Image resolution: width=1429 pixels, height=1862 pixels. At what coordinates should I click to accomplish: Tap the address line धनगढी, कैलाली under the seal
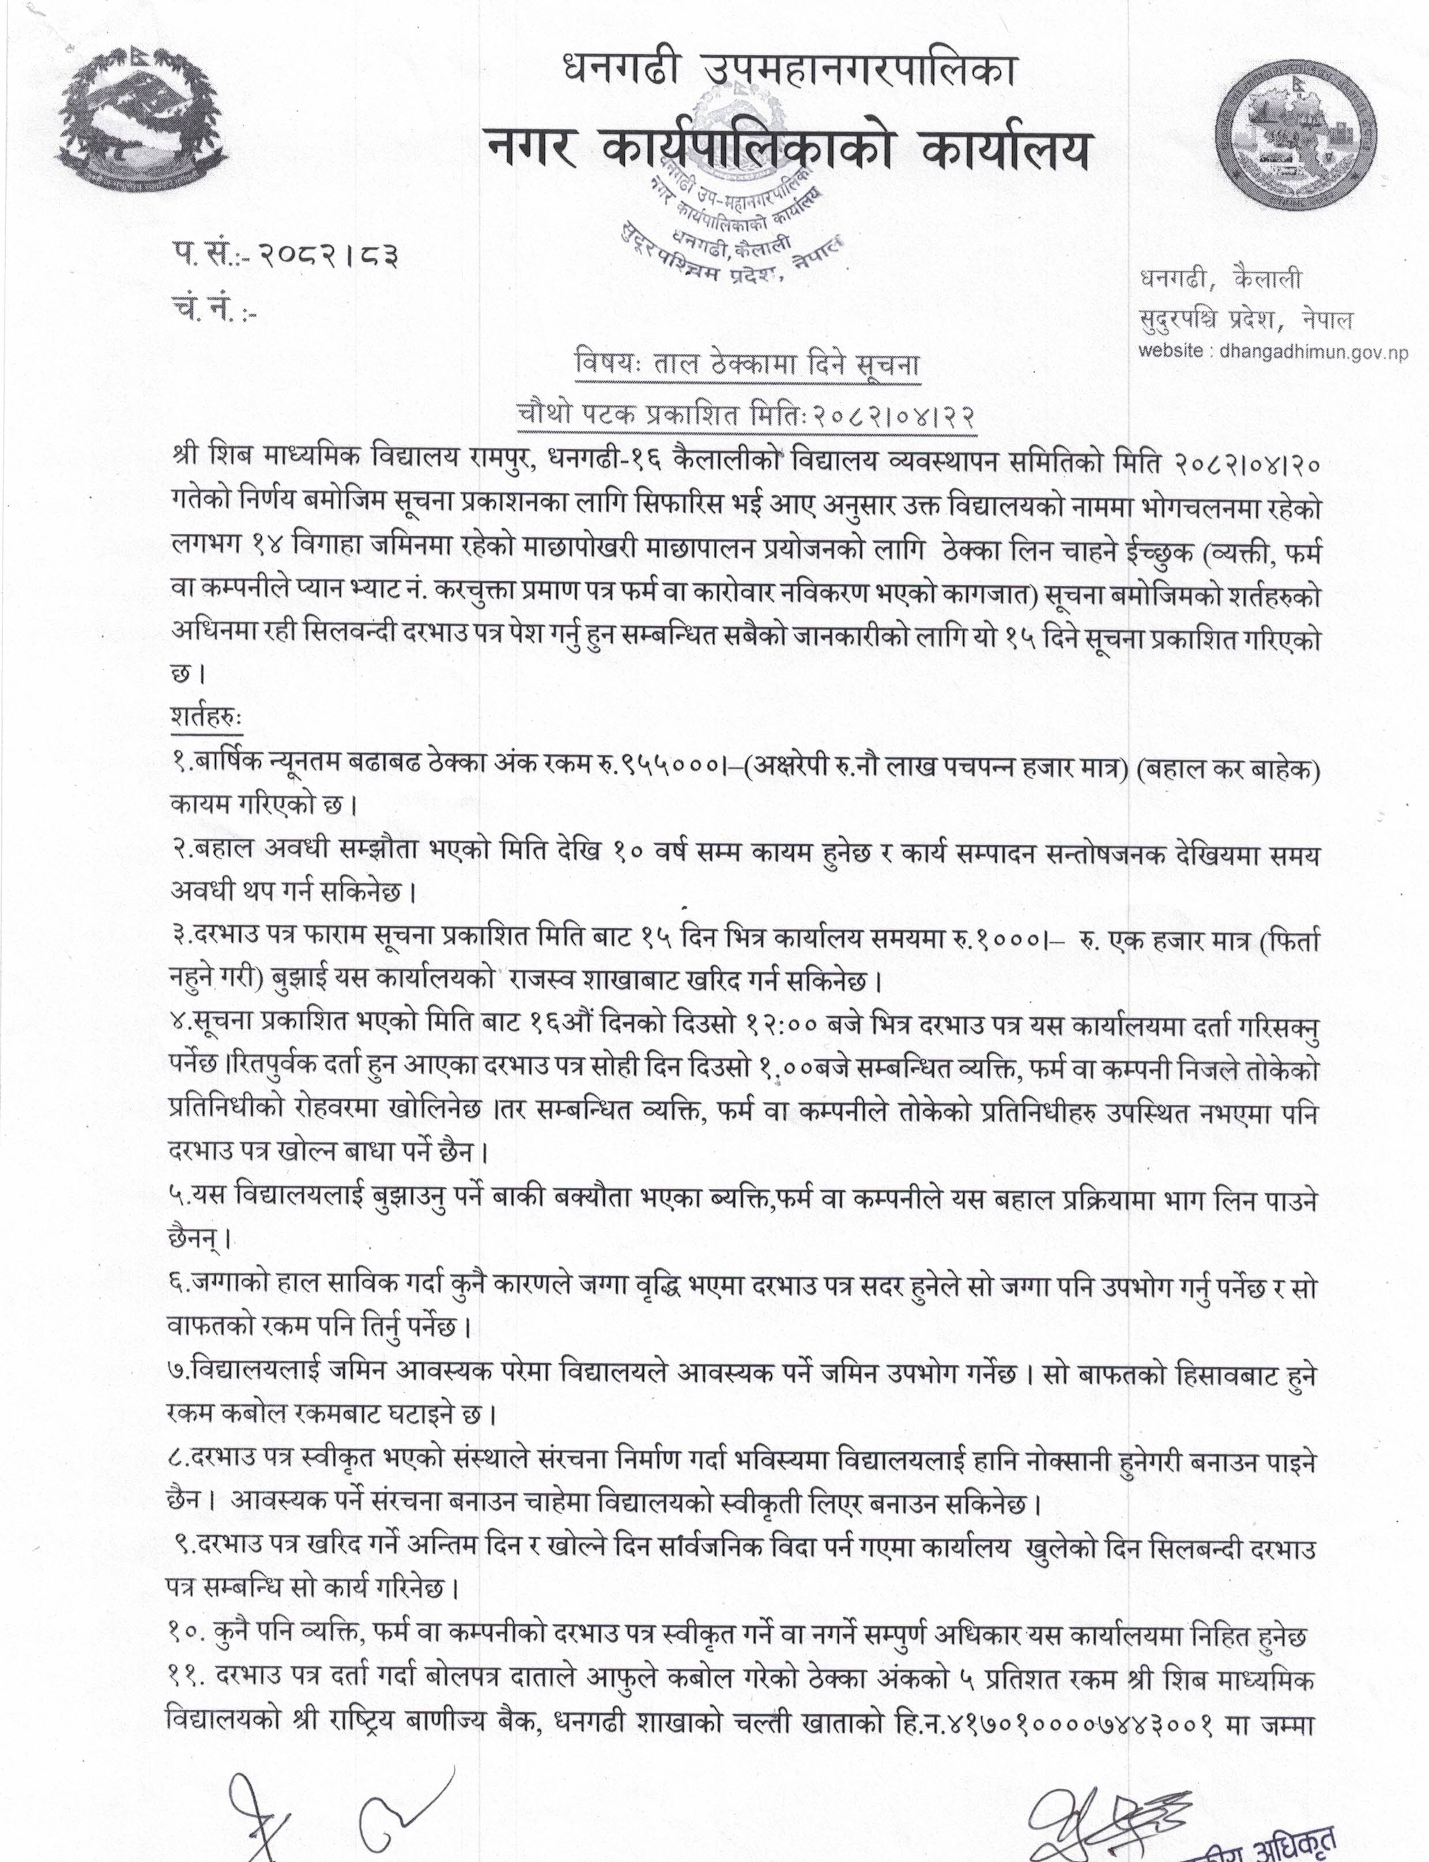pos(1220,279)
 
